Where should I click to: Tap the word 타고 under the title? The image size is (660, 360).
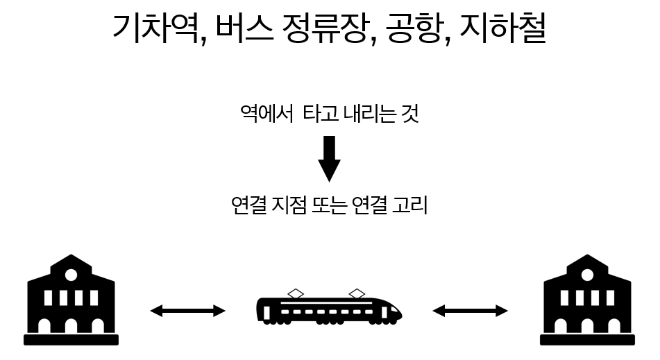(x=321, y=114)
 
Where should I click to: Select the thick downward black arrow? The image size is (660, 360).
(x=329, y=157)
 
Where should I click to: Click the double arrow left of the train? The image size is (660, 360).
(x=187, y=311)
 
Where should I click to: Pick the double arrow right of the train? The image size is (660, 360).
(x=470, y=311)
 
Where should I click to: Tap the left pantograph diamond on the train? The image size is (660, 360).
(x=296, y=292)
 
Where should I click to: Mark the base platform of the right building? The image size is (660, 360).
(x=587, y=340)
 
